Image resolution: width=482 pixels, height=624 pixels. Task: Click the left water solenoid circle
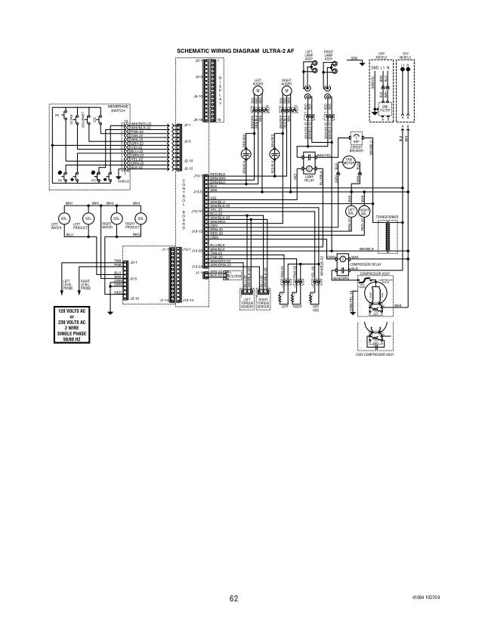click(65, 219)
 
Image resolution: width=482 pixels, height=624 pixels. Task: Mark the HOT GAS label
click(316, 309)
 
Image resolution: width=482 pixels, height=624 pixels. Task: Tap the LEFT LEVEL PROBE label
click(66, 284)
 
